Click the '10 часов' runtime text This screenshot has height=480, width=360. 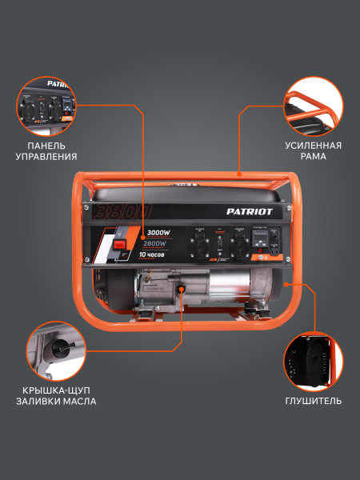151,254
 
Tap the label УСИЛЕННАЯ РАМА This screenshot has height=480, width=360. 313,151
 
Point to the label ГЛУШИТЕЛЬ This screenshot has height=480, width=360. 313,401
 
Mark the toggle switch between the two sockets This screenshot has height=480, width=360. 218,240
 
